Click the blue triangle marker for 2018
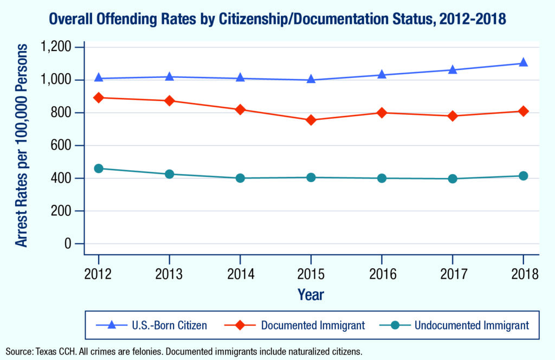[x=523, y=62]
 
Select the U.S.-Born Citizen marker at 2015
[x=311, y=79]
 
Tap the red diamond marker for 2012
[x=99, y=98]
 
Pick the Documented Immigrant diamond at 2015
[x=311, y=120]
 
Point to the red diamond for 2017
[x=453, y=116]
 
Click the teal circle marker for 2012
[x=99, y=169]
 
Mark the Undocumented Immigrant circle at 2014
[x=240, y=178]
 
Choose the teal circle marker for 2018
[x=523, y=176]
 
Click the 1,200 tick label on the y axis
[x=56, y=47]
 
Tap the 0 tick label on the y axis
[x=68, y=243]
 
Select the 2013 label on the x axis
[x=170, y=273]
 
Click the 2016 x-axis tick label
[x=382, y=273]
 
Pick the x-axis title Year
[x=311, y=294]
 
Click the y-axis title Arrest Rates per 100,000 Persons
[x=22, y=145]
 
